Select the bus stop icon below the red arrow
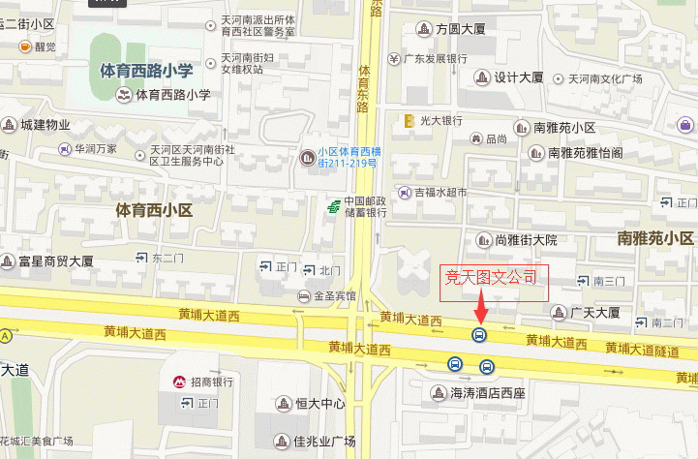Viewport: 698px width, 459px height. click(478, 335)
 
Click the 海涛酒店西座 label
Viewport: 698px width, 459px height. click(487, 394)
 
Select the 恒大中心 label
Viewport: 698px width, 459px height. click(319, 403)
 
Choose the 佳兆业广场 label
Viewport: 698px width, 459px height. click(324, 442)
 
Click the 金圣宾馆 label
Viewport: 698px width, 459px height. click(334, 294)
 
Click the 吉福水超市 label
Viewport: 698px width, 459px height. click(440, 193)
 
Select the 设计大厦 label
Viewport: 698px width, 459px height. click(519, 77)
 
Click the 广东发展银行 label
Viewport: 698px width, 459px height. click(437, 58)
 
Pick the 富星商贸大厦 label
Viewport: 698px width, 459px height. click(56, 260)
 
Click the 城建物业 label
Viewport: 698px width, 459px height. click(46, 124)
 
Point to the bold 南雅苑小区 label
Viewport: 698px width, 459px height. click(655, 238)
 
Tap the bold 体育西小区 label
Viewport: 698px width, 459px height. click(155, 209)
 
